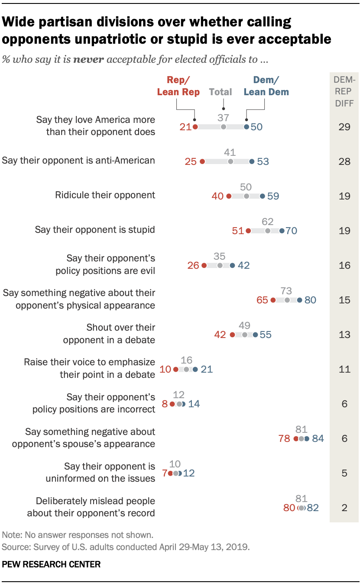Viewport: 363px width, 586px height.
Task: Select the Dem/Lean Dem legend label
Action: coord(266,86)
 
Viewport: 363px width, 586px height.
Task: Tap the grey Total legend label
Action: coord(220,92)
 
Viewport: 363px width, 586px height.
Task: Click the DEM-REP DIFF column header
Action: coord(344,91)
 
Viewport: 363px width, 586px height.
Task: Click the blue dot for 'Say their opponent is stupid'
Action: coord(282,231)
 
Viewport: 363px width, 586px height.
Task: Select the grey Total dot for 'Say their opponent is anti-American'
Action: coord(230,161)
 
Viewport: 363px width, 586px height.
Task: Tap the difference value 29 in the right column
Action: coord(344,127)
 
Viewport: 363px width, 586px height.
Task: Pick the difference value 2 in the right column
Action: coord(344,508)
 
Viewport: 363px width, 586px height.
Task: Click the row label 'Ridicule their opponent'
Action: coord(105,195)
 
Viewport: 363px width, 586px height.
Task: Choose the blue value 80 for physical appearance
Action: coord(310,300)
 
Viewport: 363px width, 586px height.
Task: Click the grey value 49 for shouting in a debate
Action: coord(244,325)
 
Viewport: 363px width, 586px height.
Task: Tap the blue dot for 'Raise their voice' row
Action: coord(195,369)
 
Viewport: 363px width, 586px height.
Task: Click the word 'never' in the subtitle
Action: coord(88,59)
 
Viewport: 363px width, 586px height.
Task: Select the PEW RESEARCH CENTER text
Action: coord(51,564)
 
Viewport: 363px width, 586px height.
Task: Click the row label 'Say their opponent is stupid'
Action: coord(94,230)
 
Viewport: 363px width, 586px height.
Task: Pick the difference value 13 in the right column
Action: coord(344,335)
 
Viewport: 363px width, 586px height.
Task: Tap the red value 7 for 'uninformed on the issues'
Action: coord(165,473)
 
